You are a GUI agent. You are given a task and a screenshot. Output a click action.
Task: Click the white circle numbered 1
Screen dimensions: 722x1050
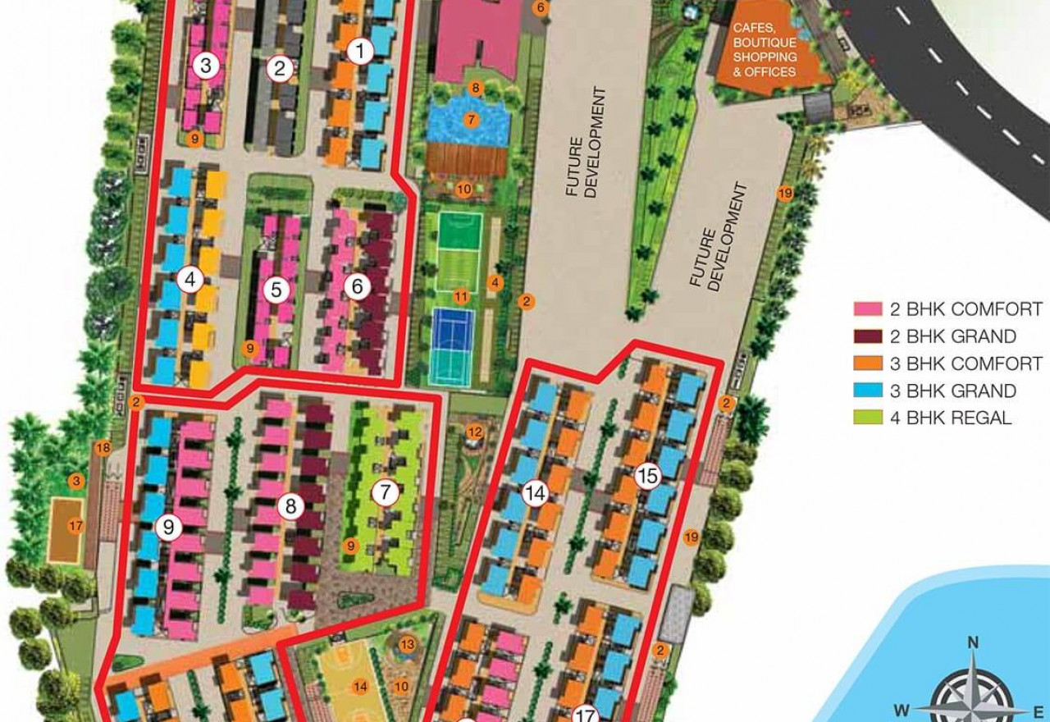[x=359, y=52]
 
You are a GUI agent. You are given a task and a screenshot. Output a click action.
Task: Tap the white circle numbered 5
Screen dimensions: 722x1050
[x=276, y=290]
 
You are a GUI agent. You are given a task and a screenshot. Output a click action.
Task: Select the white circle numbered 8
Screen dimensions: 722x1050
[x=290, y=506]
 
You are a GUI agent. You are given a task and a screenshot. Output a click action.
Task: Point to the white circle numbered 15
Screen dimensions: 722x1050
[x=648, y=475]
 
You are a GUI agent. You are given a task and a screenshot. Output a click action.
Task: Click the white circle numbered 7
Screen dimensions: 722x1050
[x=384, y=493]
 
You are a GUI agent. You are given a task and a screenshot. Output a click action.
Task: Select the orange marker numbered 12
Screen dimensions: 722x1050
[x=473, y=432]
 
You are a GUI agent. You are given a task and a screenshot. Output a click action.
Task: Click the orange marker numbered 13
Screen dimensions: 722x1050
[x=407, y=645]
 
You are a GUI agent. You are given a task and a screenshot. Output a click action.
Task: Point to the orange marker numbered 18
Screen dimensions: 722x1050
[x=103, y=448]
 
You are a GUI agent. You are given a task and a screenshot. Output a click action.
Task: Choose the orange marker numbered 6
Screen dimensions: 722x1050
[x=540, y=8]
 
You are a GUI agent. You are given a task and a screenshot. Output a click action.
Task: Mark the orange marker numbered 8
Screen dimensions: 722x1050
[x=474, y=88]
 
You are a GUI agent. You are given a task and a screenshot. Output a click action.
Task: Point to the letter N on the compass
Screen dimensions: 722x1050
[x=973, y=642]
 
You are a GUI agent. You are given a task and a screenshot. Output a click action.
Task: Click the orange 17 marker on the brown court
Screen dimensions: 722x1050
[x=75, y=526]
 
